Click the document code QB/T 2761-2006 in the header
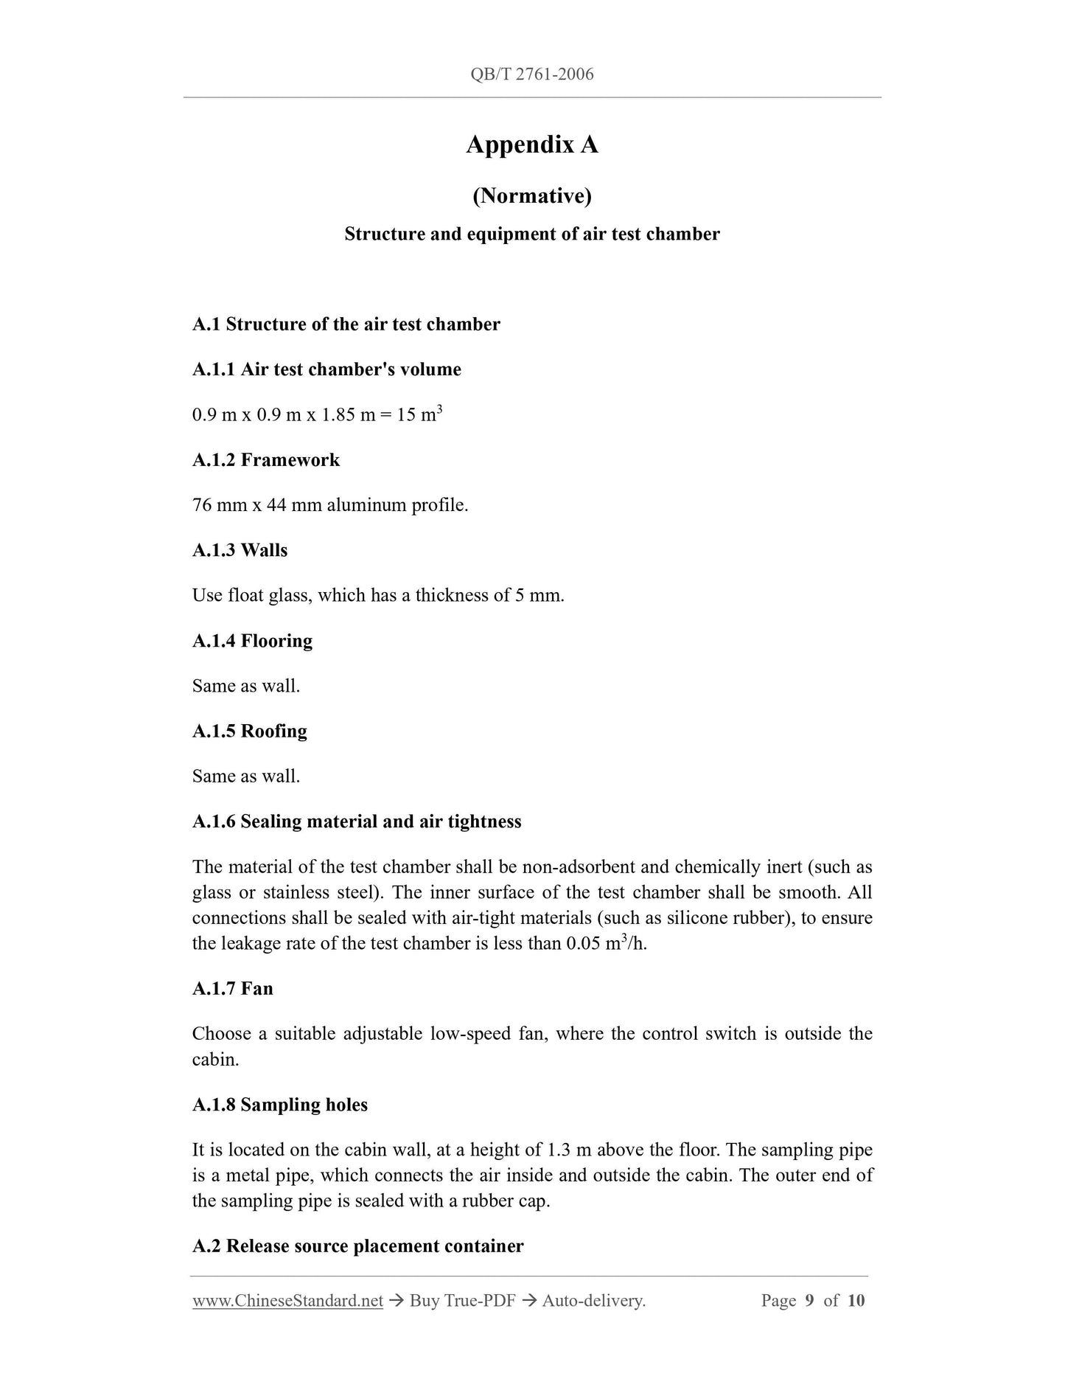pos(531,74)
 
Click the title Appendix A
pos(531,145)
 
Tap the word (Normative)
pos(531,195)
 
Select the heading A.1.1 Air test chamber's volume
pos(327,369)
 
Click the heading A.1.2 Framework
pos(266,460)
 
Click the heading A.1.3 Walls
pos(240,550)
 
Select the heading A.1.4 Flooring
pos(252,641)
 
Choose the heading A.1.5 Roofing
pos(249,731)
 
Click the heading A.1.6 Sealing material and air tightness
pos(357,822)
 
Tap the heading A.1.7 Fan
pos(232,988)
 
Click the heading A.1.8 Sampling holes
pos(279,1105)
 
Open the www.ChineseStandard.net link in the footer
pos(287,1302)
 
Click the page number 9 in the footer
pos(809,1301)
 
